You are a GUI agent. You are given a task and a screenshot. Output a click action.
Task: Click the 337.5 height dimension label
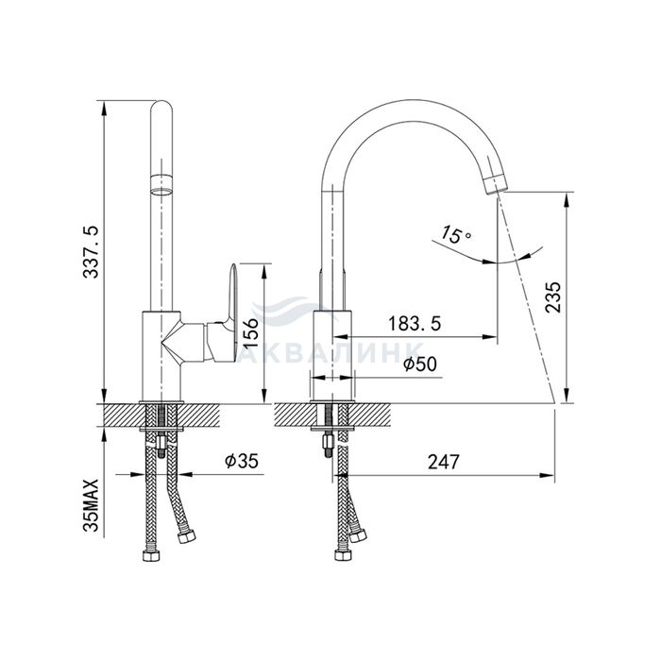pyautogui.click(x=91, y=252)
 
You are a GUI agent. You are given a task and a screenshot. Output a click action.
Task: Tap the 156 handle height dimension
pyautogui.click(x=251, y=332)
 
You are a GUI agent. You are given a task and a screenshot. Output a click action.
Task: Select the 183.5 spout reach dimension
pyautogui.click(x=415, y=324)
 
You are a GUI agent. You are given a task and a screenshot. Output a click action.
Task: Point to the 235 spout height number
pyautogui.click(x=553, y=297)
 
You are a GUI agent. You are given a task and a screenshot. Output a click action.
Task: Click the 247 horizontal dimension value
pyautogui.click(x=444, y=462)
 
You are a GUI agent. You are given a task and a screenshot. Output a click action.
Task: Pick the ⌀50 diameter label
pyautogui.click(x=420, y=364)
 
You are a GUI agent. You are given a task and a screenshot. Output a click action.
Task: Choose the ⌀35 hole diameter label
pyautogui.click(x=241, y=461)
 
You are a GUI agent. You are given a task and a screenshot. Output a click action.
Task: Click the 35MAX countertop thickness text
pyautogui.click(x=91, y=505)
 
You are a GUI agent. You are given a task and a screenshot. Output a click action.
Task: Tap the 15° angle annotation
pyautogui.click(x=456, y=235)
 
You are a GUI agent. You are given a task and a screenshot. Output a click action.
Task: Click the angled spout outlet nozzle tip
pyautogui.click(x=496, y=184)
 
